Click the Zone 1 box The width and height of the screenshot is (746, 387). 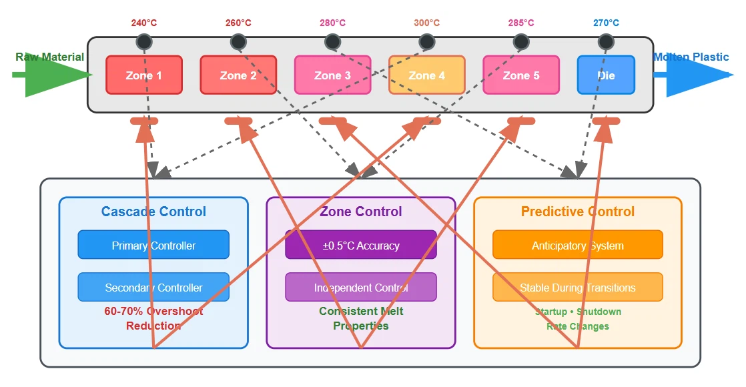tap(143, 75)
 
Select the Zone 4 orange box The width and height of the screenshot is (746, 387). tap(426, 75)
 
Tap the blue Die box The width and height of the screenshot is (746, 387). tap(606, 75)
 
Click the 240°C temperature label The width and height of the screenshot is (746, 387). tap(144, 23)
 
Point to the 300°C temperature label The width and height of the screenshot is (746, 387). tap(426, 23)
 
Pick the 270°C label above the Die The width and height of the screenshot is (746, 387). tap(606, 23)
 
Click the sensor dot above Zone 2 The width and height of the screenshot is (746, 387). tap(238, 42)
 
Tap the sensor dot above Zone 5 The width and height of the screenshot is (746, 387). tap(521, 42)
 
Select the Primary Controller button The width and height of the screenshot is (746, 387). tap(153, 245)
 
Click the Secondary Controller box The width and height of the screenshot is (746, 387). tap(153, 287)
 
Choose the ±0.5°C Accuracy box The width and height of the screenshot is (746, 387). tap(361, 245)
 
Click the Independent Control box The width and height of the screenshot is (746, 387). tap(361, 287)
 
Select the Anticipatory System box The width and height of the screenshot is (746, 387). tap(578, 245)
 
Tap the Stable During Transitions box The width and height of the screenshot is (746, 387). tap(578, 287)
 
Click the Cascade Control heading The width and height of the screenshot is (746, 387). tap(153, 212)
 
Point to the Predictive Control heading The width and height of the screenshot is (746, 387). tap(578, 212)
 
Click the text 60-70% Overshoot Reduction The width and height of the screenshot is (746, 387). tap(153, 318)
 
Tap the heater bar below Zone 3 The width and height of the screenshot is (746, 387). tap(332, 121)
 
